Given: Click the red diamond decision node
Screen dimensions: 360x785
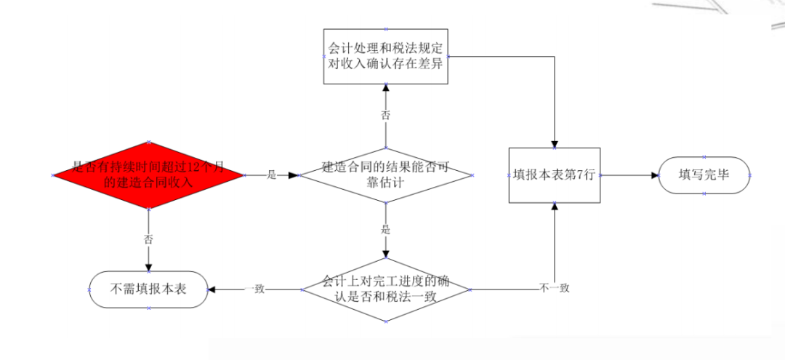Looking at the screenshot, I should pos(148,175).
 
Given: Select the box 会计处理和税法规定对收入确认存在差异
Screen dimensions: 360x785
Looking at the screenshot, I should pos(385,57).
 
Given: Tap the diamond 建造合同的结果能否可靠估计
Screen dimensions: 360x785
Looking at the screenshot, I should pos(385,175).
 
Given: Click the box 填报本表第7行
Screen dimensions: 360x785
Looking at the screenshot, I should pos(555,175).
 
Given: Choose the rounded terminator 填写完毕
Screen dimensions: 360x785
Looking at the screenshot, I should pos(704,175).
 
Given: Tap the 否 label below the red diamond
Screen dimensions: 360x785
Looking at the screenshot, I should pos(148,239).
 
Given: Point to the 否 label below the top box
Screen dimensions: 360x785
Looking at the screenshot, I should pos(385,115).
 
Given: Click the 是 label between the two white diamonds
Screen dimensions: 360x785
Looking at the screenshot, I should pos(385,230).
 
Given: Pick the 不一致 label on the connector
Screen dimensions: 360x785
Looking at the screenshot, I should pos(555,289).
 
